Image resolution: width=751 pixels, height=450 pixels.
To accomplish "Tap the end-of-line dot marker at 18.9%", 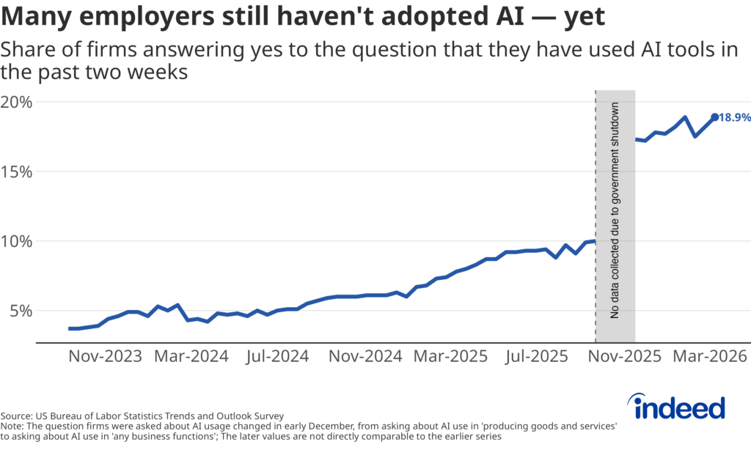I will [715, 117].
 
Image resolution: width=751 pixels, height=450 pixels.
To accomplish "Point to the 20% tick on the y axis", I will [16, 102].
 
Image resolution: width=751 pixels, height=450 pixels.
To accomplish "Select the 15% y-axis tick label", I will [16, 171].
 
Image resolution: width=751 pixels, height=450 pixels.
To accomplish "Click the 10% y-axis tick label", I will [16, 241].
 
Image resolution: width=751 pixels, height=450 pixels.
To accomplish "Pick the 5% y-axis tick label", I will [21, 311].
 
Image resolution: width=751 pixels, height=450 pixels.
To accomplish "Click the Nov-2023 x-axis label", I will [105, 357].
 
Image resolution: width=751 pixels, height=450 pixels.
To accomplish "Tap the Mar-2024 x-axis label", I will [191, 357].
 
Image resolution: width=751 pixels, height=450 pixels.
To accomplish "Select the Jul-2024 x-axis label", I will [276, 357].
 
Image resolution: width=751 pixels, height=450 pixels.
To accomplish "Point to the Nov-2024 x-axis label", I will [364, 357].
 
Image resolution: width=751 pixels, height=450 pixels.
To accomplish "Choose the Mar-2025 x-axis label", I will [450, 357].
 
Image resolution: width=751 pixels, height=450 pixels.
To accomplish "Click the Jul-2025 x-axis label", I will [536, 357].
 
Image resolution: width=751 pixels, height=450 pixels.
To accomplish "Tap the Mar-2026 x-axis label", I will [708, 357].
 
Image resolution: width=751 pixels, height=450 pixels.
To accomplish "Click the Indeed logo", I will [678, 406].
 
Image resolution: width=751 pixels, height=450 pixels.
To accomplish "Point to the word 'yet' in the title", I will [584, 17].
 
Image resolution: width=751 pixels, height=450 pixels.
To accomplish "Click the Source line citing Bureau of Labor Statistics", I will [142, 415].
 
